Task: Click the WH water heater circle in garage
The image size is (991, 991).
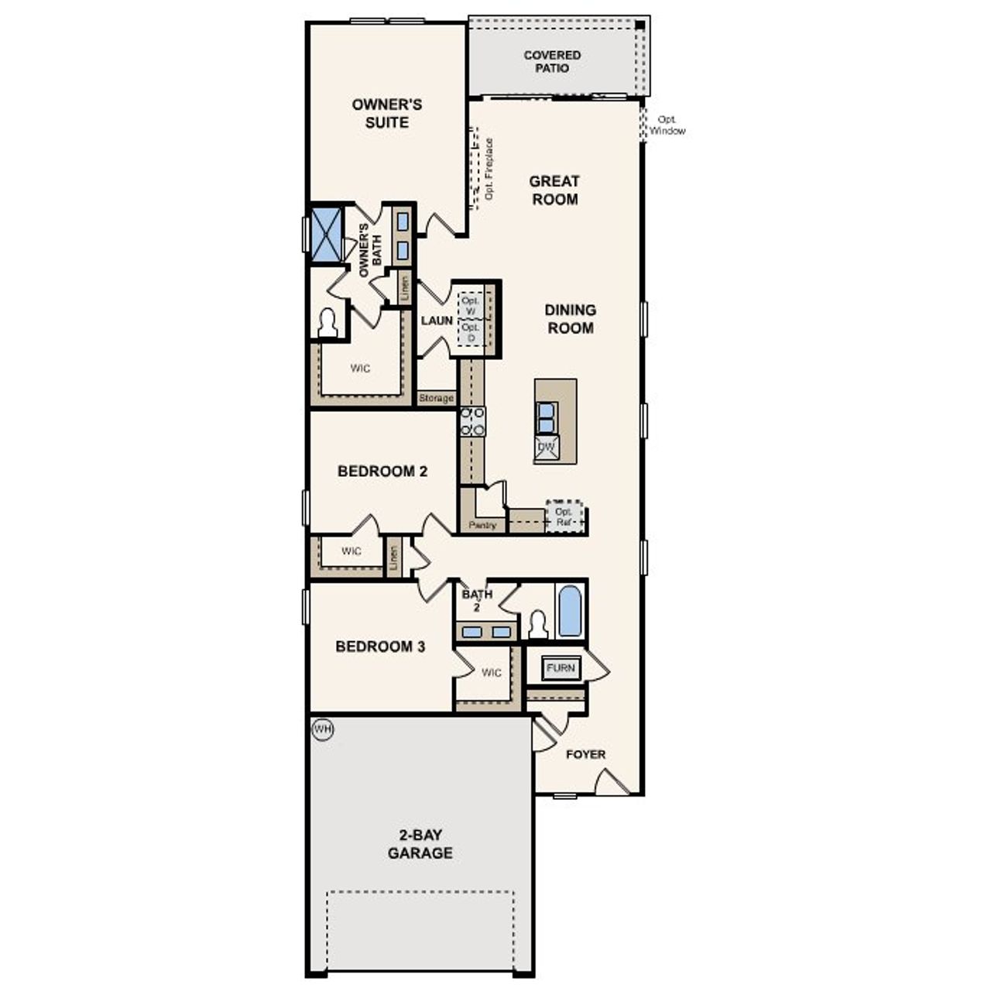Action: [322, 729]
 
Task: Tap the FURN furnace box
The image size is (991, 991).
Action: [561, 668]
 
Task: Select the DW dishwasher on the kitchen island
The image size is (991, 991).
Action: [547, 447]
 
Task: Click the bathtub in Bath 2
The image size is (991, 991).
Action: [570, 611]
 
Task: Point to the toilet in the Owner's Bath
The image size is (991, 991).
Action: [328, 324]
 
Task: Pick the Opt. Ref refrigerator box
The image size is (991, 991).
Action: [564, 516]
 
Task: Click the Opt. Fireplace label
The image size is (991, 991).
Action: [489, 169]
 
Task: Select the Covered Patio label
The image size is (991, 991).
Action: [552, 62]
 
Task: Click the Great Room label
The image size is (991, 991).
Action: [554, 190]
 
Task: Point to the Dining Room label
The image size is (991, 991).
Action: [571, 319]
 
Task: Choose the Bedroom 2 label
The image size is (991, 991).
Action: [382, 471]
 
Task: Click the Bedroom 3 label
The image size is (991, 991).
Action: [380, 646]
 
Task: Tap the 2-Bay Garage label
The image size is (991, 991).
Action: [420, 845]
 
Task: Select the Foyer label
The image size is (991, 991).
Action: [585, 754]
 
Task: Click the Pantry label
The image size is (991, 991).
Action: [482, 526]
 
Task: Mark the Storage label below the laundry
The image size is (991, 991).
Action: [436, 399]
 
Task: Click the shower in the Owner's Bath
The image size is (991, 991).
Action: [326, 233]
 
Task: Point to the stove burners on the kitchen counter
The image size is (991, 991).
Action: [473, 421]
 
